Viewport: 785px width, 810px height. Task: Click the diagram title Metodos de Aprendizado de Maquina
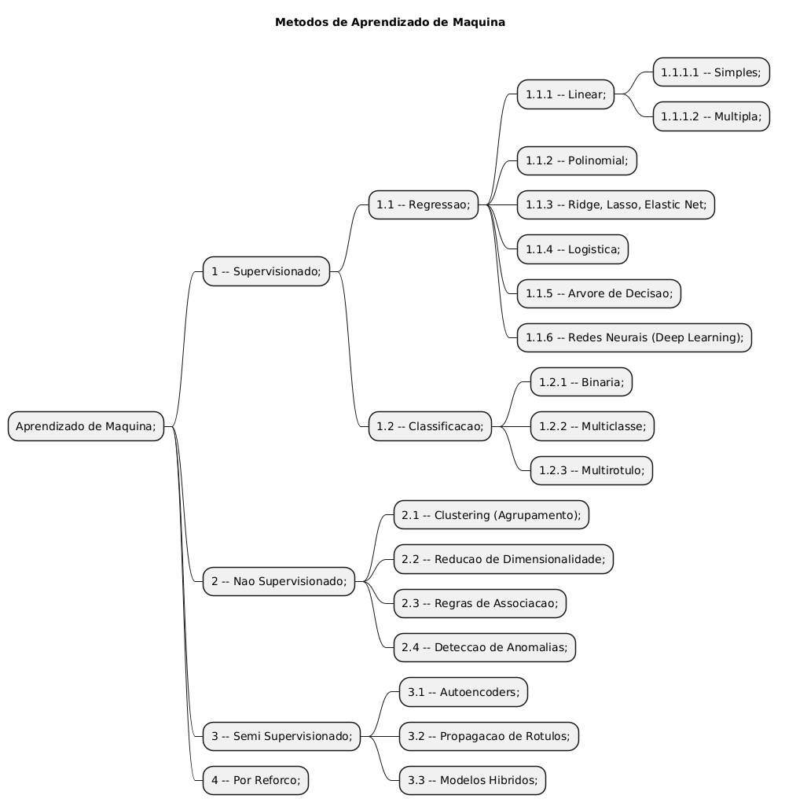click(390, 22)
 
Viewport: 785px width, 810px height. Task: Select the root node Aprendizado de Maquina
click(86, 426)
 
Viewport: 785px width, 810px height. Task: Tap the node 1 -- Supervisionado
click(266, 271)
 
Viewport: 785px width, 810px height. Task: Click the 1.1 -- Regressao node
click(423, 205)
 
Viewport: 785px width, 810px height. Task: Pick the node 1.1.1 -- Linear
click(565, 94)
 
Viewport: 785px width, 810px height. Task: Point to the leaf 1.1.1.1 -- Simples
click(710, 72)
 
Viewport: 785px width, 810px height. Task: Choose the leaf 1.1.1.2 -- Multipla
click(710, 116)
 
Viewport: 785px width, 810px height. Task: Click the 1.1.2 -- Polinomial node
click(576, 160)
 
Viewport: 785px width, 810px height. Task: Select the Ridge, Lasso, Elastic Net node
click(615, 205)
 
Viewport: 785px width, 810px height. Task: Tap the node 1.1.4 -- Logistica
click(572, 249)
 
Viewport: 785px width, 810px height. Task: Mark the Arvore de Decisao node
click(599, 293)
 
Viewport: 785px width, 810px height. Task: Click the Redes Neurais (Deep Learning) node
click(634, 337)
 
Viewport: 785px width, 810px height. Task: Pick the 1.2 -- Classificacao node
click(430, 426)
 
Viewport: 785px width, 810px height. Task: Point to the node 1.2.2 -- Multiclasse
click(592, 426)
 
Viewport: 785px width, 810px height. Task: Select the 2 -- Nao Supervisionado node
click(278, 581)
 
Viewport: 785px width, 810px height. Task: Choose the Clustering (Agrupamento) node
click(490, 515)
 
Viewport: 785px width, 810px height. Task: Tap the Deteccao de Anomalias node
click(485, 647)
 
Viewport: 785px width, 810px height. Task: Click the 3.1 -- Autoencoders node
click(463, 692)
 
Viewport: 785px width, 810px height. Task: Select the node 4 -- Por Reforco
click(255, 780)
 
